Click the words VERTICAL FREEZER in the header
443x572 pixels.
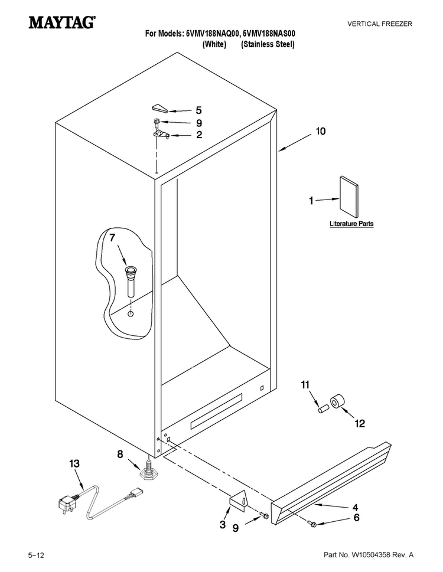pos(380,24)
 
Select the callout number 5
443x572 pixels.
pos(198,110)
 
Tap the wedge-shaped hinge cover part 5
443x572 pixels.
pos(159,108)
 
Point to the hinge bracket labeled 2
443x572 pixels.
pos(161,135)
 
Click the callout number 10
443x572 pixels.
pos(320,131)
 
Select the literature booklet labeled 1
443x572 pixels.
pos(349,197)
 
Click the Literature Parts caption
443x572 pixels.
pos(351,224)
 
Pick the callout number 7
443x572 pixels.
pos(112,238)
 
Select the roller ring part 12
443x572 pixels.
pos(337,401)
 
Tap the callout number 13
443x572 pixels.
pos(74,463)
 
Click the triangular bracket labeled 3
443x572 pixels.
pos(238,499)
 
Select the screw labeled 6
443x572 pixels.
pos(312,524)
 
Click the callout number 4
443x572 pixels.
pos(355,508)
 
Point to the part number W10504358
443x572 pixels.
pos(370,555)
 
